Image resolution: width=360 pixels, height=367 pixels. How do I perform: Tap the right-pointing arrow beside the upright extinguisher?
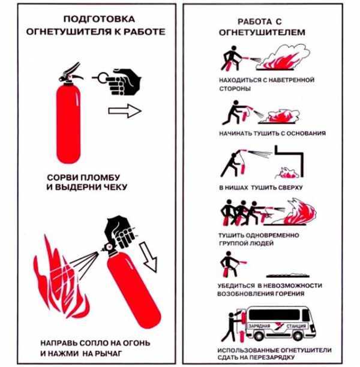[x=124, y=110]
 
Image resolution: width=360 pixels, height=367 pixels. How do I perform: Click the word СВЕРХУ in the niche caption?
[x=289, y=188]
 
